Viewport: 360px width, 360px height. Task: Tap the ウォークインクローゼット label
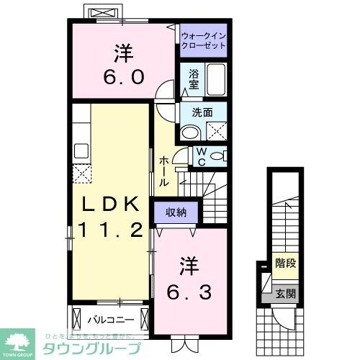(x=203, y=40)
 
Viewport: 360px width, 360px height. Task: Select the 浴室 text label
(x=194, y=78)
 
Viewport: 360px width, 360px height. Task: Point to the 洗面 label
(x=202, y=112)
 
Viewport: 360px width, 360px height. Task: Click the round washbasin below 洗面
(x=189, y=132)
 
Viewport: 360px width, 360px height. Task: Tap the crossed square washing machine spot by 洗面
(x=215, y=131)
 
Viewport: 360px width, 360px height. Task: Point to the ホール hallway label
(x=165, y=171)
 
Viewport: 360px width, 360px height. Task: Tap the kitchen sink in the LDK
(x=81, y=150)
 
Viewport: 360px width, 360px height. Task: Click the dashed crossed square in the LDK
(x=81, y=174)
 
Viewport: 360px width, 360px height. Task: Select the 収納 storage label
(x=176, y=212)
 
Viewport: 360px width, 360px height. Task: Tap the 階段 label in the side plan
(x=284, y=264)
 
